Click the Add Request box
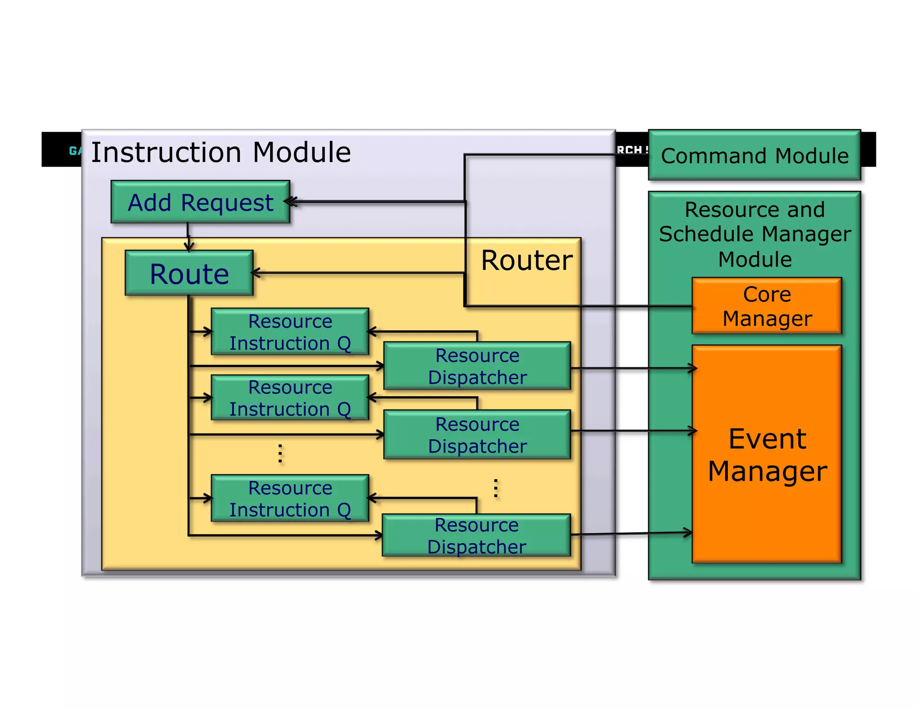(x=200, y=202)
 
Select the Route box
(x=189, y=273)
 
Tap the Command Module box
(x=754, y=156)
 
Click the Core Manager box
(x=767, y=306)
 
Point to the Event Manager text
(x=767, y=454)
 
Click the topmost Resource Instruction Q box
(x=290, y=332)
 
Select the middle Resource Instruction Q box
(x=290, y=398)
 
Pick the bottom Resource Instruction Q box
(x=290, y=498)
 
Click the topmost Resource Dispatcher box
(x=477, y=366)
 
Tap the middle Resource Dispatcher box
(x=477, y=435)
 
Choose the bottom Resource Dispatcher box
(x=476, y=536)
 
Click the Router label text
(x=526, y=260)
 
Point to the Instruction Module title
(x=221, y=152)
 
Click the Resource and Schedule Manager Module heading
(x=755, y=234)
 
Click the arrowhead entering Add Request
(x=290, y=202)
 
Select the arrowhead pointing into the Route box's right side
(x=256, y=272)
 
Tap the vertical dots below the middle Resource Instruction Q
(x=280, y=454)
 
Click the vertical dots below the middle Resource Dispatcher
(x=495, y=488)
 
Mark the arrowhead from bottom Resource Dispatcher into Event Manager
(x=688, y=533)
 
